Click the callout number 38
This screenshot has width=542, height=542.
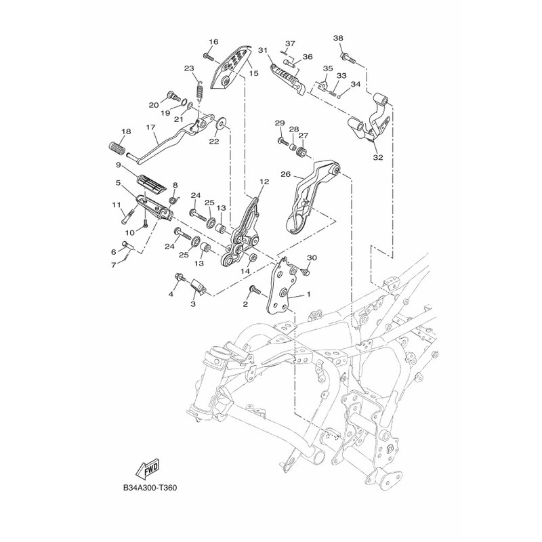(x=338, y=38)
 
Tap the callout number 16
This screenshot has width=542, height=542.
(x=213, y=42)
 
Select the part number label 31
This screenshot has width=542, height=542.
(x=263, y=50)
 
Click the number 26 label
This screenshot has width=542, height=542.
(x=286, y=174)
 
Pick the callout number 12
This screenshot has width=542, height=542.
(x=264, y=182)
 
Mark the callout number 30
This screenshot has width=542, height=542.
(x=312, y=258)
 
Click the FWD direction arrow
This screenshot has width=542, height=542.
(x=146, y=469)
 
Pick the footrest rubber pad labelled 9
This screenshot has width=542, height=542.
(x=154, y=183)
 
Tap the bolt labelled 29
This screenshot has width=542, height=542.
(x=280, y=143)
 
